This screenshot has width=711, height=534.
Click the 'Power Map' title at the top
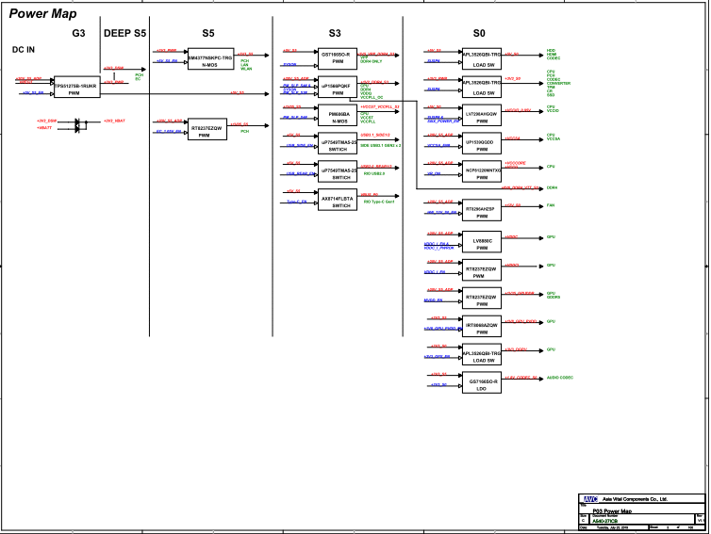(x=42, y=14)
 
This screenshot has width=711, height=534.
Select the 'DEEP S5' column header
(x=124, y=33)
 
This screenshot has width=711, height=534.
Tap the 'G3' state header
(x=78, y=33)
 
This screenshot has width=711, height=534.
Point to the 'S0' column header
(x=479, y=33)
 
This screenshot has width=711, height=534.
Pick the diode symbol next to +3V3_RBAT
(x=77, y=123)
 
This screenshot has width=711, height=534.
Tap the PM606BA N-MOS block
(x=337, y=116)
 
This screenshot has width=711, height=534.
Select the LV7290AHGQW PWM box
(x=481, y=117)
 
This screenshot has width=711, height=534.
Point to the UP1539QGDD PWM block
(x=481, y=144)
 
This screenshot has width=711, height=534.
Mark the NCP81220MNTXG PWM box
(x=481, y=171)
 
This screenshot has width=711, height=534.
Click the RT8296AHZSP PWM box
(x=481, y=210)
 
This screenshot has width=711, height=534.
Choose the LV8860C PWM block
(x=481, y=243)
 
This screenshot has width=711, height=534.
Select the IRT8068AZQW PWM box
(x=481, y=327)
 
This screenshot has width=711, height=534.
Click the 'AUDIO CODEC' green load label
(x=560, y=378)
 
